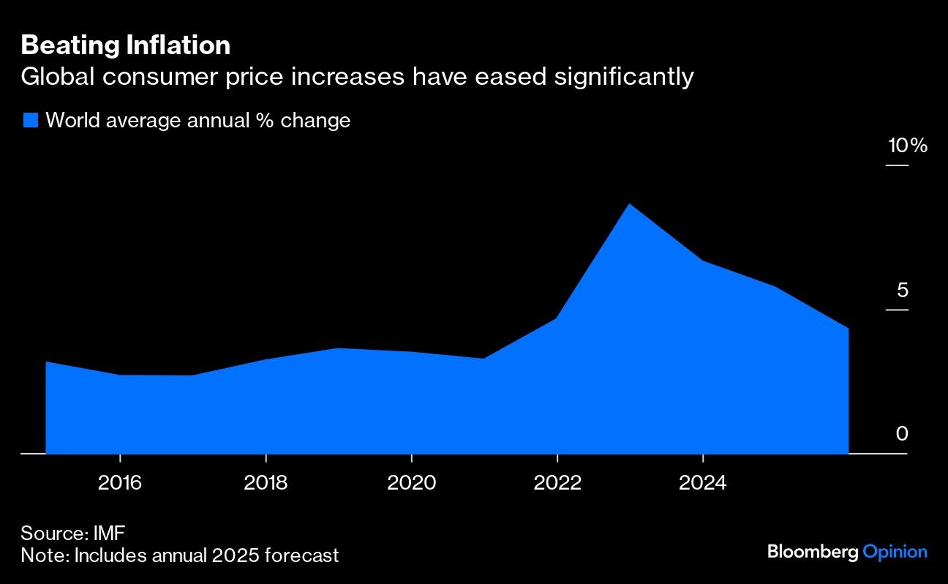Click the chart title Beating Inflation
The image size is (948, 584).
126,46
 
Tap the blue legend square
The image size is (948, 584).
30,120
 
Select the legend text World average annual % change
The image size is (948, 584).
197,120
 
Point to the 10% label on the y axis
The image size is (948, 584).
907,146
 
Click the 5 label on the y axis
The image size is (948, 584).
902,291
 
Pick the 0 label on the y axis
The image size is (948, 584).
902,434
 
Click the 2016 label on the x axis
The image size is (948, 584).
120,483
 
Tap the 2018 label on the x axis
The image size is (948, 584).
266,483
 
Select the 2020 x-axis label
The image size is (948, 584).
411,483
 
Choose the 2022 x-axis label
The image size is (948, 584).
557,483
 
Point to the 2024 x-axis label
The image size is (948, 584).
702,483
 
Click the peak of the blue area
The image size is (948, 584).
629,204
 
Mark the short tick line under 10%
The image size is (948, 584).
897,165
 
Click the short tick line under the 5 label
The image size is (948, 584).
897,310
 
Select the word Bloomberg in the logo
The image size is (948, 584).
812,552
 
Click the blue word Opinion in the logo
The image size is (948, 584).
895,552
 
